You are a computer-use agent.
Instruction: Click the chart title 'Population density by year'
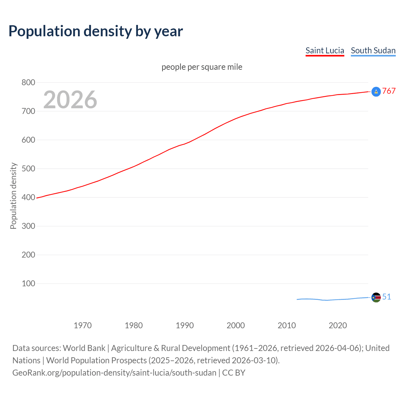pyautogui.click(x=96, y=31)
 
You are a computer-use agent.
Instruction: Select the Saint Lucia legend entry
pyautogui.click(x=324, y=50)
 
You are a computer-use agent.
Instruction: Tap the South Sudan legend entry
pyautogui.click(x=373, y=50)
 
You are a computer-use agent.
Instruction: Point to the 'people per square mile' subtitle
pyautogui.click(x=202, y=67)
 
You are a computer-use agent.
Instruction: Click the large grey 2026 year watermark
pyautogui.click(x=70, y=100)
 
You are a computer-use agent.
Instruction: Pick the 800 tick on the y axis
pyautogui.click(x=28, y=82)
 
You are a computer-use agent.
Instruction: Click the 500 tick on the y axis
pyautogui.click(x=28, y=169)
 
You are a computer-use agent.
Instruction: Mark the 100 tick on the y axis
pyautogui.click(x=28, y=283)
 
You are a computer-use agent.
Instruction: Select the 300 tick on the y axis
pyautogui.click(x=28, y=226)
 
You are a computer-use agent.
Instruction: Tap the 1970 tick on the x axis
pyautogui.click(x=83, y=325)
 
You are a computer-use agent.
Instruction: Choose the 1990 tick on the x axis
pyautogui.click(x=185, y=325)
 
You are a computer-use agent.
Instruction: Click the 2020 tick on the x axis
pyautogui.click(x=338, y=325)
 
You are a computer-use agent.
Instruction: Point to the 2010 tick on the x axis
pyautogui.click(x=287, y=325)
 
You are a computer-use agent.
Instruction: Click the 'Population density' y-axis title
pyautogui.click(x=13, y=196)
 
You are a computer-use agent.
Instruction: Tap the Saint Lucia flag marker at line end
pyautogui.click(x=376, y=92)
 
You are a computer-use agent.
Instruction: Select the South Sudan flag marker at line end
pyautogui.click(x=376, y=297)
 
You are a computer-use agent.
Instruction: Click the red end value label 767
pyautogui.click(x=389, y=91)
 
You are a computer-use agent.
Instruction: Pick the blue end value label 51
pyautogui.click(x=387, y=297)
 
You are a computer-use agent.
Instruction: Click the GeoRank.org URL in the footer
pyautogui.click(x=114, y=373)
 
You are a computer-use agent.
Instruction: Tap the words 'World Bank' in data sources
pyautogui.click(x=84, y=348)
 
